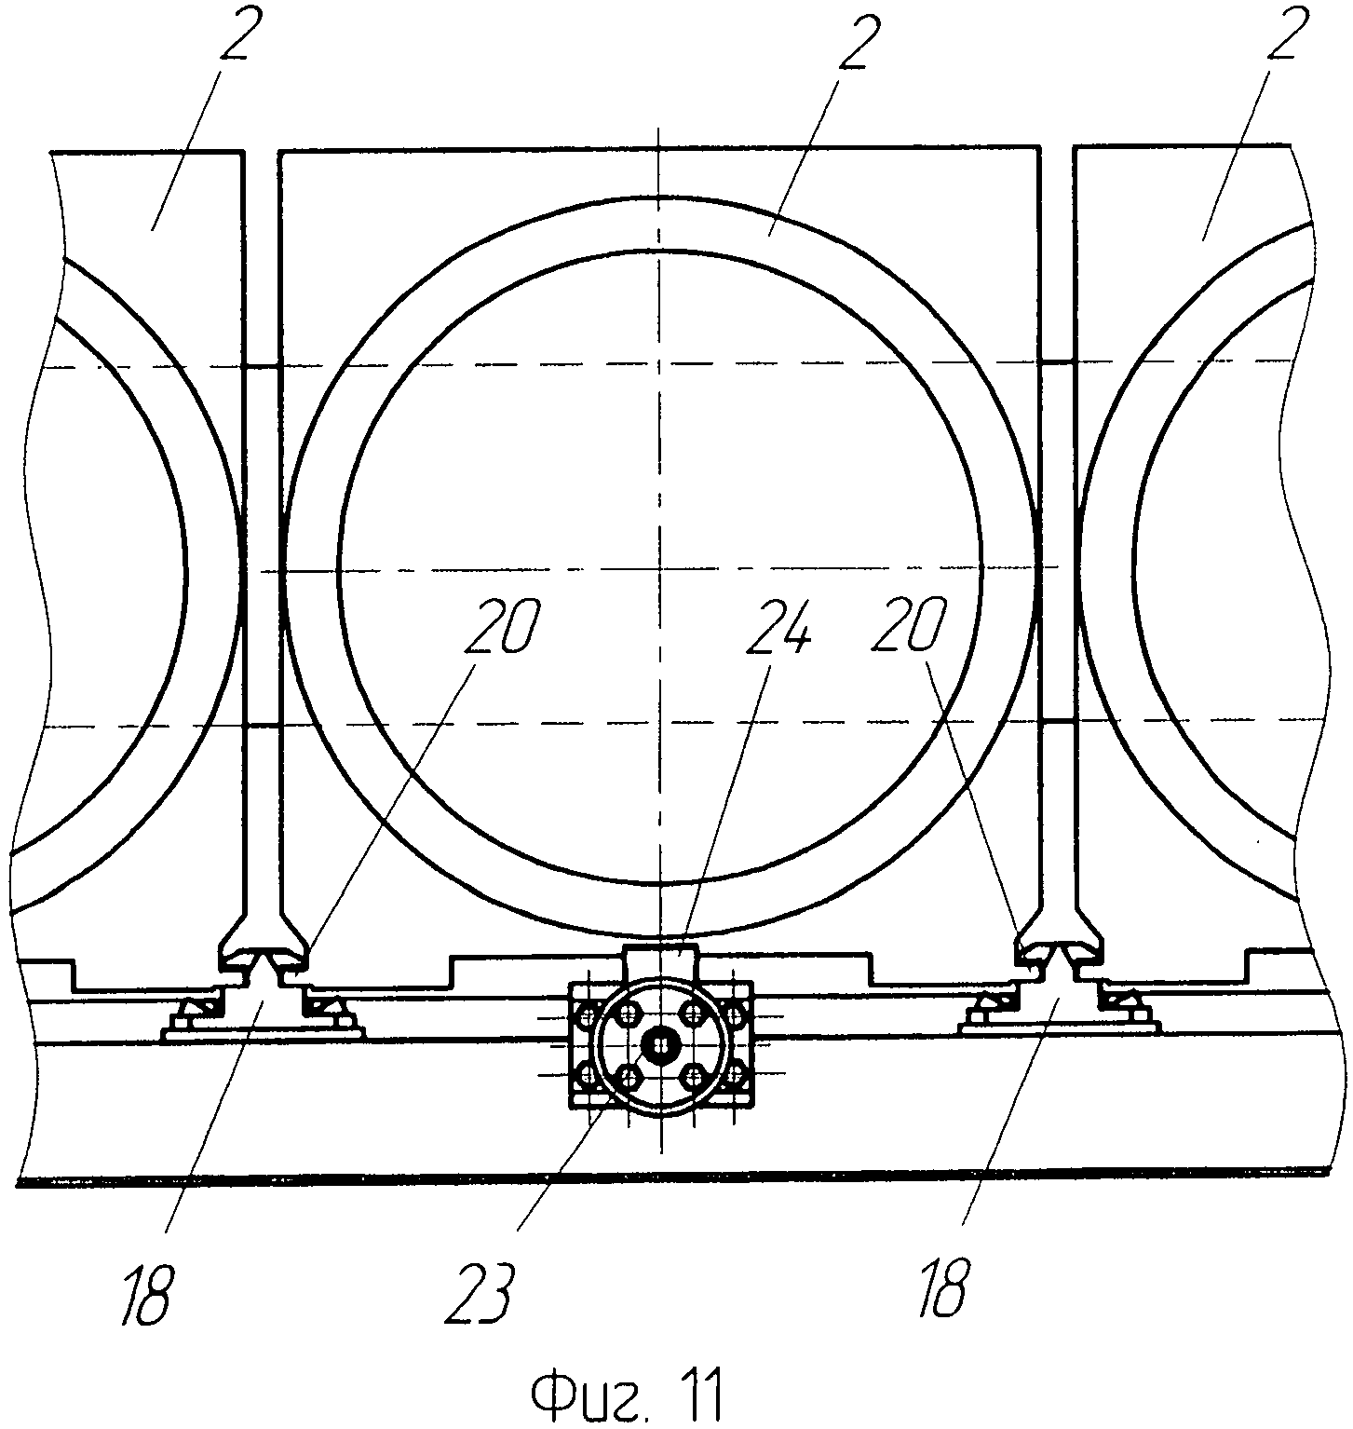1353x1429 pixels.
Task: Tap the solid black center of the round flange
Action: coord(659,1044)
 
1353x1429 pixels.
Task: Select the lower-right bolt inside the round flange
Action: coord(691,1076)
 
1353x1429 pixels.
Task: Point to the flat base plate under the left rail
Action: coord(264,1032)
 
